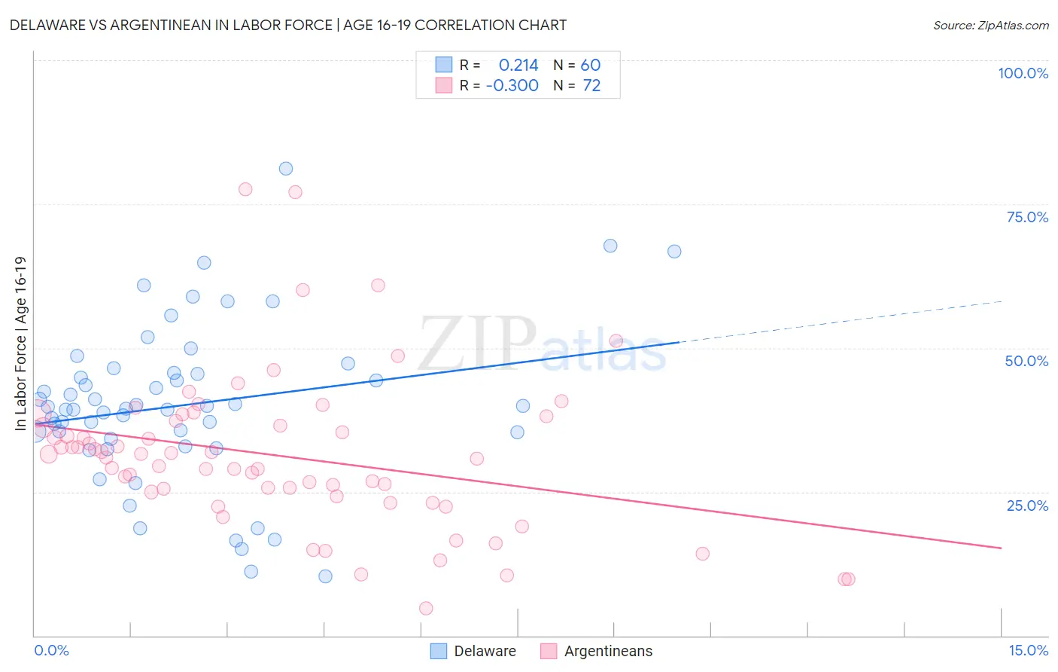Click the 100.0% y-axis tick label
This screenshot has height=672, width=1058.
click(x=1023, y=73)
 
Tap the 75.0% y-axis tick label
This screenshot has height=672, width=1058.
click(x=1027, y=217)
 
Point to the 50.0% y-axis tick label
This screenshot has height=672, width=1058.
click(x=1026, y=361)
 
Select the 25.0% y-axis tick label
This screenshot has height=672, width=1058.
click(x=1027, y=505)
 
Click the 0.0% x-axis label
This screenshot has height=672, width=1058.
click(x=51, y=650)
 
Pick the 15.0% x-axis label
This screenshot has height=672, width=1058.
click(x=1028, y=650)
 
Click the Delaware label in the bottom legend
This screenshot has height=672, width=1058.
click(x=485, y=651)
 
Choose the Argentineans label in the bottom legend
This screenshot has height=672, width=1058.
click(x=608, y=651)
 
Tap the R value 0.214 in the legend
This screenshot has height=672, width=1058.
click(x=518, y=65)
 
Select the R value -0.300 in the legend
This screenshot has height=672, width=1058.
click(x=512, y=86)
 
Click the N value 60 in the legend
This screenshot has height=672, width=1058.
click(x=590, y=65)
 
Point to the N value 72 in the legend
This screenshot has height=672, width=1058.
click(x=591, y=86)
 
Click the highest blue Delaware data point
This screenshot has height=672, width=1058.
click(x=286, y=169)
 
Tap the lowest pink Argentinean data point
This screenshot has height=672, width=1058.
click(x=426, y=608)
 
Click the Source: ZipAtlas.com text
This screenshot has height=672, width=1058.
click(x=990, y=26)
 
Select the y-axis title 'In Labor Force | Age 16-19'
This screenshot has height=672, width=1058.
click(x=20, y=344)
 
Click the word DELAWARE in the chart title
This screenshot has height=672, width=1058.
click(x=50, y=26)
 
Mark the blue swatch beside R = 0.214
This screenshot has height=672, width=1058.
click(x=444, y=65)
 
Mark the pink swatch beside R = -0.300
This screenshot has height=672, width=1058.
click(x=444, y=86)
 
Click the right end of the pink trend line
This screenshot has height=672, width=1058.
click(x=1001, y=548)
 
